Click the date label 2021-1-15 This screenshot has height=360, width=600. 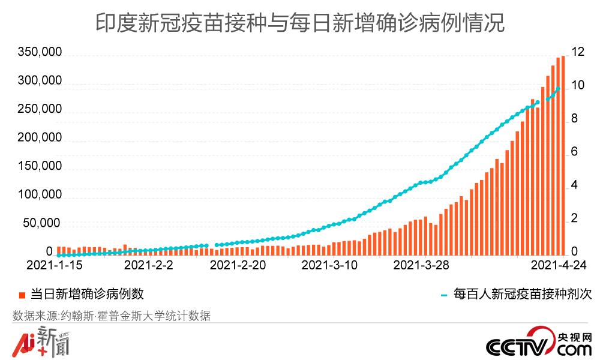point(55,265)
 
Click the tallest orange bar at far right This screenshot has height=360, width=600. point(563,156)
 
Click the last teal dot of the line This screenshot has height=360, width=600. point(559,89)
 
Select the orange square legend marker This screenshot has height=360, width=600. point(22,295)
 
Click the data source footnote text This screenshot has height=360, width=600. point(111,316)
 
